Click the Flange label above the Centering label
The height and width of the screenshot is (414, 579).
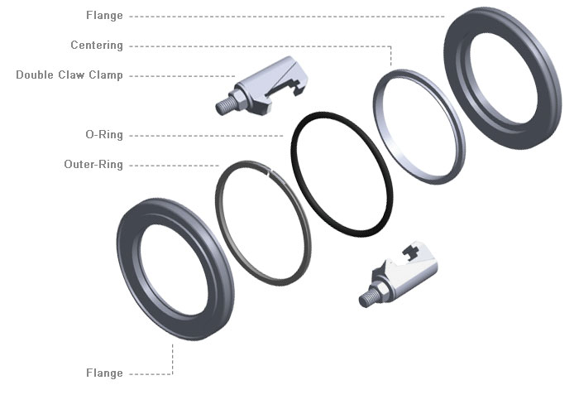(104, 16)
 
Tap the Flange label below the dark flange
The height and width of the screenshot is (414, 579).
(104, 373)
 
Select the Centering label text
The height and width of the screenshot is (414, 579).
(97, 46)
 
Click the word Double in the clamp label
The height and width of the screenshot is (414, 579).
(35, 75)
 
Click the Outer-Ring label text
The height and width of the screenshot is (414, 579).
(93, 165)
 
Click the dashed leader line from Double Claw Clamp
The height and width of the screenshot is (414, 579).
(182, 75)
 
